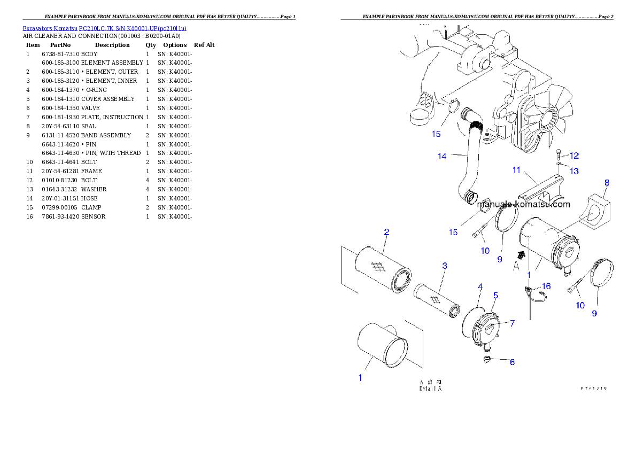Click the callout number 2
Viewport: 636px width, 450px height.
pyautogui.click(x=386, y=232)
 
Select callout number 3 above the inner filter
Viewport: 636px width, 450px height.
pyautogui.click(x=444, y=266)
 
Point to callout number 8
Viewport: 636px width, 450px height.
pyautogui.click(x=607, y=183)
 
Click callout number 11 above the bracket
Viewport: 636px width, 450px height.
pyautogui.click(x=516, y=170)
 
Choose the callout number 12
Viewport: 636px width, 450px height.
pyautogui.click(x=574, y=156)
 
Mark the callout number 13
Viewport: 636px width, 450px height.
pyautogui.click(x=573, y=171)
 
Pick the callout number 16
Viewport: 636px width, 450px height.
pyautogui.click(x=546, y=286)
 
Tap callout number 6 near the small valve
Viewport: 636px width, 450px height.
pyautogui.click(x=511, y=362)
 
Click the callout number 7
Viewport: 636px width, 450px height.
pyautogui.click(x=512, y=323)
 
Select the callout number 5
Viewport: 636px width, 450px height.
pyautogui.click(x=495, y=295)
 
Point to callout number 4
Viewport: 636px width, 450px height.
pyautogui.click(x=480, y=287)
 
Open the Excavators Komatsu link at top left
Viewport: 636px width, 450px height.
pyautogui.click(x=104, y=28)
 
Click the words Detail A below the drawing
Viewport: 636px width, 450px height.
pyautogui.click(x=430, y=389)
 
